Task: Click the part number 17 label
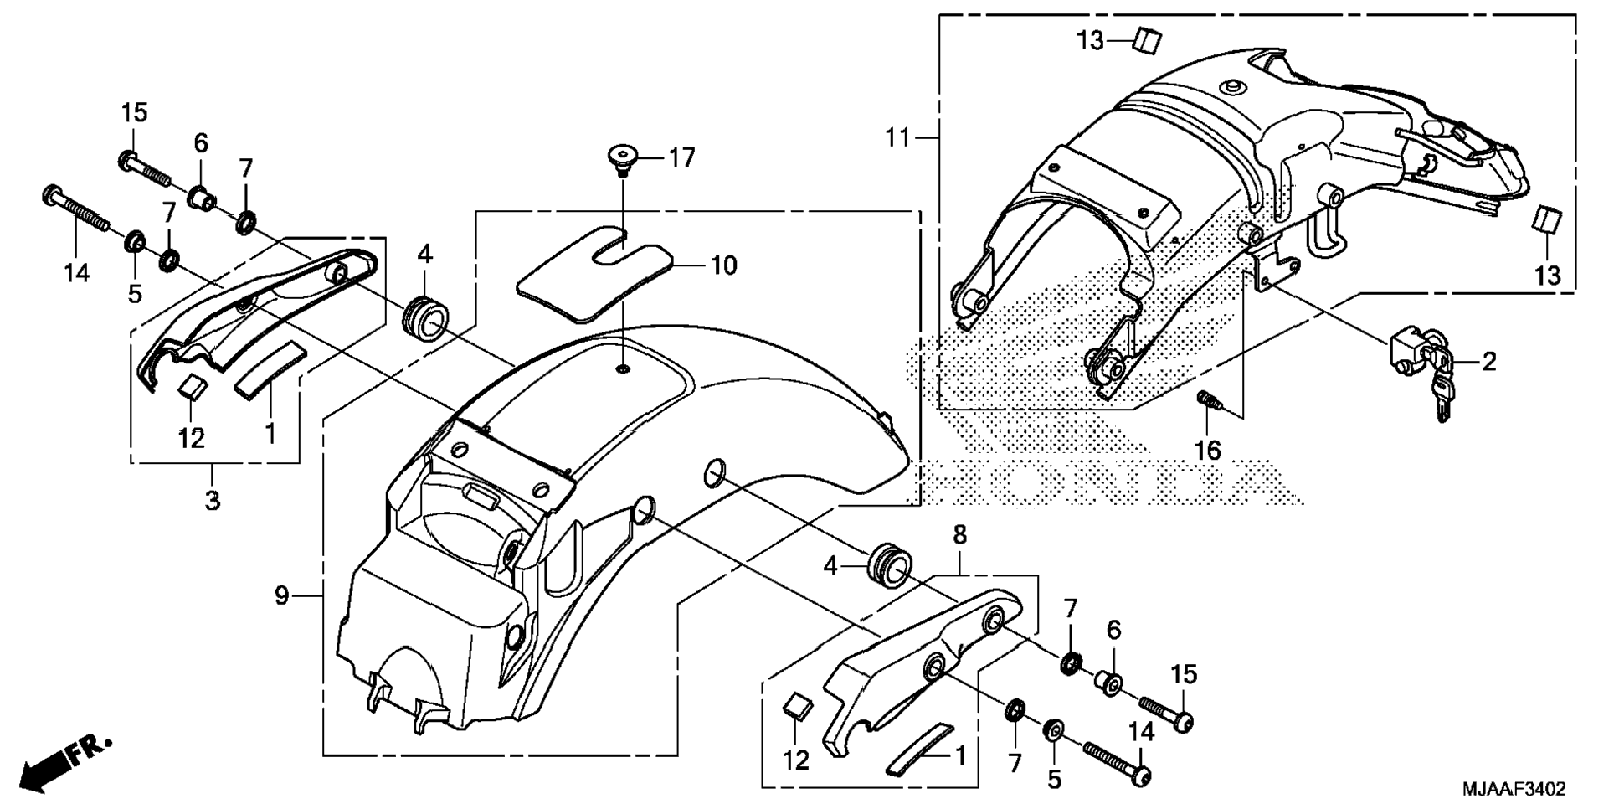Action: point(681,157)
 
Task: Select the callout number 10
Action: point(723,265)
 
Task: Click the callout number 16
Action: point(1207,451)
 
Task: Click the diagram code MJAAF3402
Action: point(1514,790)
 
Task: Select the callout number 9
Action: point(281,596)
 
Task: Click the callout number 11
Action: point(897,137)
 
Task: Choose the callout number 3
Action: point(213,501)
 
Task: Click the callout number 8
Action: point(959,534)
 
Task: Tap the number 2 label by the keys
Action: point(1488,362)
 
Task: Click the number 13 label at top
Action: point(1090,40)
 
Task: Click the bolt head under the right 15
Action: point(1182,721)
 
